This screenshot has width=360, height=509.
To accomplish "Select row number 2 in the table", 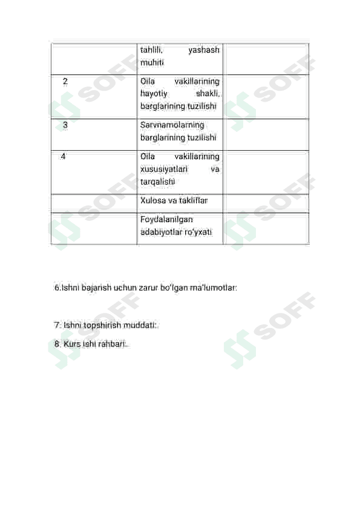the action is (65, 81).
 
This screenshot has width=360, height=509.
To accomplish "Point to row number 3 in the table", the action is (65, 125).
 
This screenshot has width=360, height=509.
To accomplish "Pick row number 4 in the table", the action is (63, 156).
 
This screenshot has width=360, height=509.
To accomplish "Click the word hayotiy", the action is (154, 94).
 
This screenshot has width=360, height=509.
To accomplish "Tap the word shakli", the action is (208, 94).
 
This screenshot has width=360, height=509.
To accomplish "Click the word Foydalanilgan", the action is (166, 220).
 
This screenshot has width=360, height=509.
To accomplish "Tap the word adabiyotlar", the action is (162, 232).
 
